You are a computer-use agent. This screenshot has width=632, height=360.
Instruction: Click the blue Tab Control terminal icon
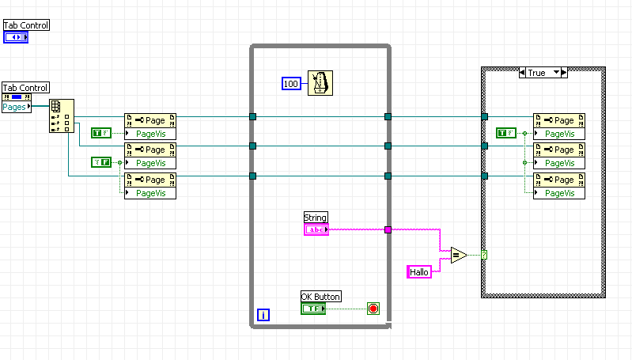pyautogui.click(x=16, y=36)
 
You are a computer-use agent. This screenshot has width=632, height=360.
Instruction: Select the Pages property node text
pyautogui.click(x=14, y=107)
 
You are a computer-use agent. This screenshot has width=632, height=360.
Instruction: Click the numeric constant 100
pyautogui.click(x=291, y=83)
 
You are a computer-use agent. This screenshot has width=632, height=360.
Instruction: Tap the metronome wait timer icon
pyautogui.click(x=320, y=81)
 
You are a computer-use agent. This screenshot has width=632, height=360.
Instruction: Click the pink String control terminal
pyautogui.click(x=316, y=229)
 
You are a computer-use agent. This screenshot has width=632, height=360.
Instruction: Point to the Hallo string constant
pyautogui.click(x=418, y=271)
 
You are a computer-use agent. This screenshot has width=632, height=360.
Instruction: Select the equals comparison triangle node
pyautogui.click(x=458, y=255)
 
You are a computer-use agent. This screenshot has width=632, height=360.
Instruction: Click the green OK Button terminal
pyautogui.click(x=312, y=308)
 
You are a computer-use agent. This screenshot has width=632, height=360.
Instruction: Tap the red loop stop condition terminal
pyautogui.click(x=373, y=308)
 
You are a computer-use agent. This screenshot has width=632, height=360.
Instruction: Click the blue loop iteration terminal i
pyautogui.click(x=263, y=315)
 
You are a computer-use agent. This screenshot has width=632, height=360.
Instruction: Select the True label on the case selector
pyautogui.click(x=537, y=73)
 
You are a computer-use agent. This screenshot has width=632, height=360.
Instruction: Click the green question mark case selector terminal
pyautogui.click(x=483, y=255)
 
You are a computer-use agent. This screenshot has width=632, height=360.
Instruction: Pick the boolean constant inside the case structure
pyautogui.click(x=505, y=133)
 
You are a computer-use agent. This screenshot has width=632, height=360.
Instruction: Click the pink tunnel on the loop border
pyautogui.click(x=388, y=230)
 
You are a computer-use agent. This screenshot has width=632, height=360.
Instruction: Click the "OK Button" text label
pyautogui.click(x=321, y=297)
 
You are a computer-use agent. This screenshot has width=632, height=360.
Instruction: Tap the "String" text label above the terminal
pyautogui.click(x=315, y=218)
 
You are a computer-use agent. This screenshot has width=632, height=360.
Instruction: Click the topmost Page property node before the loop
pyautogui.click(x=150, y=120)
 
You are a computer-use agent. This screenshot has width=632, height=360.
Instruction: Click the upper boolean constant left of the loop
pyautogui.click(x=100, y=133)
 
